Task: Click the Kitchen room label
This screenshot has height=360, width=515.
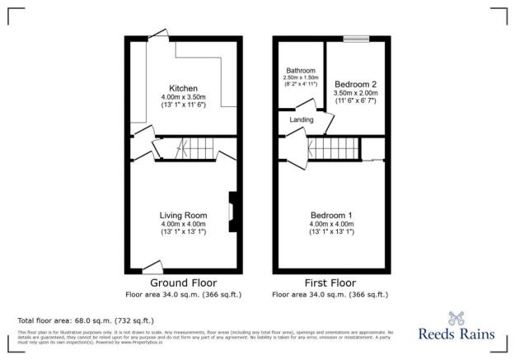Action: pos(183,88)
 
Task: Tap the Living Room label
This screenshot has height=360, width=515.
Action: pos(183,215)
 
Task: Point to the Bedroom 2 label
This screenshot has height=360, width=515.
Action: pos(356,84)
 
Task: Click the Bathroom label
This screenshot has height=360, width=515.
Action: pos(301,71)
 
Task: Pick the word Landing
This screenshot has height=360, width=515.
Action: pos(301,120)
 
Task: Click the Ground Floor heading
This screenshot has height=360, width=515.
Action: pos(183,282)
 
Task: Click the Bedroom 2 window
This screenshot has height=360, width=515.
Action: pos(356,38)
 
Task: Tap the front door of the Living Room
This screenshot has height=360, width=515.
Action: pos(152,266)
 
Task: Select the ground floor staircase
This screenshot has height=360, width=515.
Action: pos(198,149)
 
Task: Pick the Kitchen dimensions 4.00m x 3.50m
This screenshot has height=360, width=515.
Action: pos(183,98)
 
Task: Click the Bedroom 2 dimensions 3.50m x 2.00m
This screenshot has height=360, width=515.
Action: pos(356,94)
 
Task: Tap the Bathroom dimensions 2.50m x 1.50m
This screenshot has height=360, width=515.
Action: pos(301,78)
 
